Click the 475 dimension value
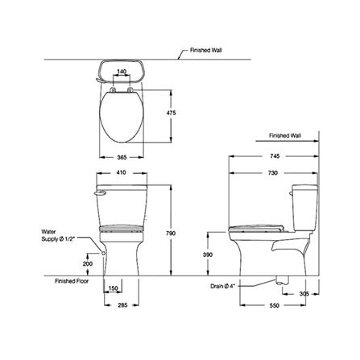[171, 113]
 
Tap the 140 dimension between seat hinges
[122, 72]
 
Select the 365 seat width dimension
[122, 157]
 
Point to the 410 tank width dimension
[121, 172]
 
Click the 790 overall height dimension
[171, 234]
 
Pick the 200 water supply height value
[88, 264]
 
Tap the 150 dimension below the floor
[114, 288]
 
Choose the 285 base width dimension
[122, 305]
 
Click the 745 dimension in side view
[275, 156]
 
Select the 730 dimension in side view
[273, 173]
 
